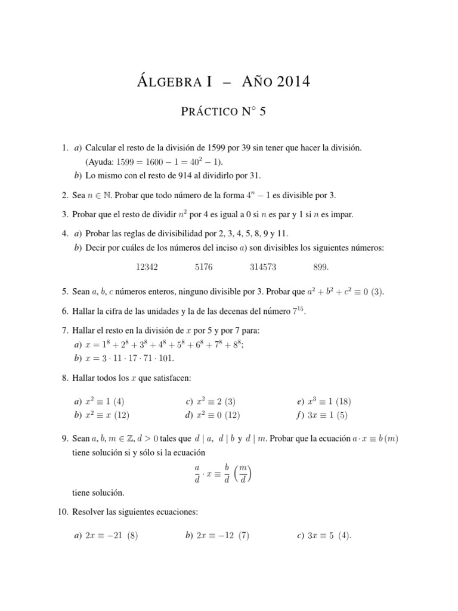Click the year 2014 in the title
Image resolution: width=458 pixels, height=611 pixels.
point(290,82)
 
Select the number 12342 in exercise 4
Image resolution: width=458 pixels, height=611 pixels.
point(147,269)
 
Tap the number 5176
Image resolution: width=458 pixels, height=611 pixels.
point(203,269)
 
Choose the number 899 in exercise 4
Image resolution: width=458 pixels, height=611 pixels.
point(320,269)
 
